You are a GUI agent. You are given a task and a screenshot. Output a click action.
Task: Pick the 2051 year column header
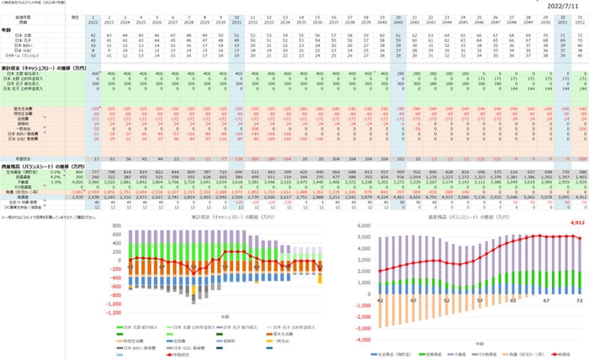tap(558, 20)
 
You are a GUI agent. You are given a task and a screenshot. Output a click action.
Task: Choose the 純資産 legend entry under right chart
tap(565, 356)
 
